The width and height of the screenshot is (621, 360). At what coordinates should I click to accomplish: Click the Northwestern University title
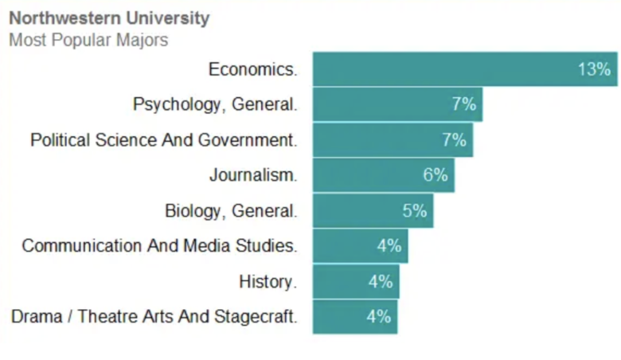pyautogui.click(x=109, y=18)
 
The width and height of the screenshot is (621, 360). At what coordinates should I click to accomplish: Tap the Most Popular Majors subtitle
pyautogui.click(x=88, y=40)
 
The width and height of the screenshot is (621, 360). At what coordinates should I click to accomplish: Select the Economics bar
pyautogui.click(x=446, y=69)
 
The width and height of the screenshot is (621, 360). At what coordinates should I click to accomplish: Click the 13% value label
pyautogui.click(x=593, y=69)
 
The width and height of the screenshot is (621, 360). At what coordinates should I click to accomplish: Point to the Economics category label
pyautogui.click(x=252, y=69)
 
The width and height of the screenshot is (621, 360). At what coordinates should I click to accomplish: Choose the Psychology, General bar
pyautogui.click(x=382, y=104)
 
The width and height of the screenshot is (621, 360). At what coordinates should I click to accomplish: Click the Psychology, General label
pyautogui.click(x=215, y=104)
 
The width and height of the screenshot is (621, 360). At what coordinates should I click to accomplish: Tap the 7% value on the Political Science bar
pyautogui.click(x=454, y=140)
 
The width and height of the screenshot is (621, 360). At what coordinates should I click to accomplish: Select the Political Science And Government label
pyautogui.click(x=163, y=140)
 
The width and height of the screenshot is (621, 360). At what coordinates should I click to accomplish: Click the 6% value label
pyautogui.click(x=435, y=175)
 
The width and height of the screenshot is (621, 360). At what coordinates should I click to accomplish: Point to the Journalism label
pyautogui.click(x=253, y=175)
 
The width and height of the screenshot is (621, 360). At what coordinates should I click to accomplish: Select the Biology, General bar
pyautogui.click(x=358, y=211)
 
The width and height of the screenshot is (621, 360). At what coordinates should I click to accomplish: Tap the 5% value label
pyautogui.click(x=414, y=211)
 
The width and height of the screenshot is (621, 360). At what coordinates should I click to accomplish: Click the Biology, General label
pyautogui.click(x=231, y=211)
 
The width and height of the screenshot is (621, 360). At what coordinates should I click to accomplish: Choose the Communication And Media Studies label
pyautogui.click(x=159, y=246)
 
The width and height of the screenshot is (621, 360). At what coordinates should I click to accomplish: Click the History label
pyautogui.click(x=268, y=281)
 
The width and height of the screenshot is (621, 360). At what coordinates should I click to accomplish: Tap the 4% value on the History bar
pyautogui.click(x=381, y=281)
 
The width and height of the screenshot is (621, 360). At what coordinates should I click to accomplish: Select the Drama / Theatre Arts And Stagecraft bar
pyautogui.click(x=342, y=317)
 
